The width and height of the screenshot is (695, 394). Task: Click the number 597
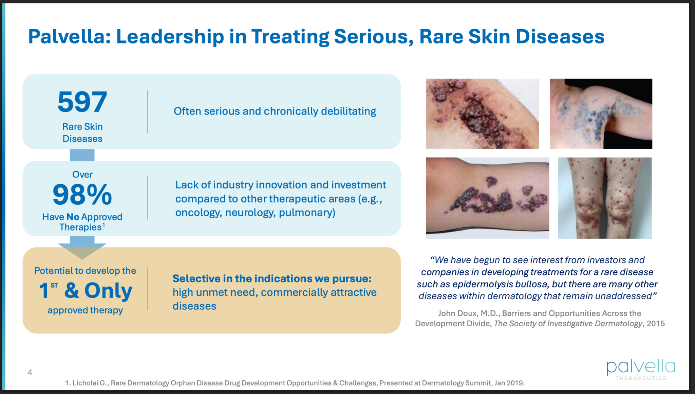point(82,102)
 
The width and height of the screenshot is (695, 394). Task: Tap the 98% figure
point(82,194)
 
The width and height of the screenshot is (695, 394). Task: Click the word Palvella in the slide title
point(69,36)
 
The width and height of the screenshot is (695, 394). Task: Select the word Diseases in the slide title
point(560,36)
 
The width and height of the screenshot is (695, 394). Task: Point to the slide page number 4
point(30,372)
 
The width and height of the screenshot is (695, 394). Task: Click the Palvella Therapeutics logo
point(641,370)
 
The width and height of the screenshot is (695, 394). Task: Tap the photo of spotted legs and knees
point(605,198)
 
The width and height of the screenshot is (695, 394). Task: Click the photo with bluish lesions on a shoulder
point(601,114)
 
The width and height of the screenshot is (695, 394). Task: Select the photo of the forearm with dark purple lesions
point(487,198)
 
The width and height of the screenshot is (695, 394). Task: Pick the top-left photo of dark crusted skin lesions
point(482,114)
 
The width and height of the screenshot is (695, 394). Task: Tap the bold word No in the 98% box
point(73,217)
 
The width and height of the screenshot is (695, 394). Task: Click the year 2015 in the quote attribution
point(656,323)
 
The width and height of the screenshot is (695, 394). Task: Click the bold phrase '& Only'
point(98,291)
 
